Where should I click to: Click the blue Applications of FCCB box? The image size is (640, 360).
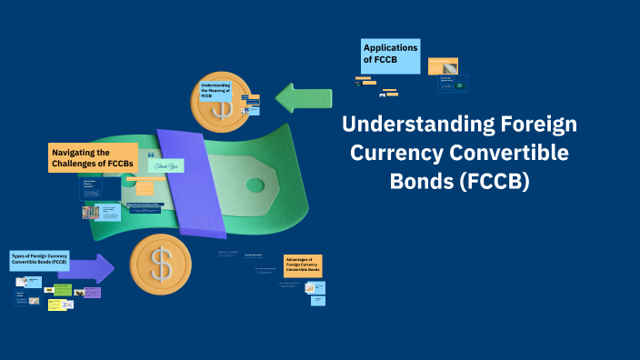tap(391, 56)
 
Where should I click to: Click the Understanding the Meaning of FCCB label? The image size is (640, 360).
tap(215, 91)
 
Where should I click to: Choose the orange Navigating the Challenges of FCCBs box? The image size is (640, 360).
tap(93, 157)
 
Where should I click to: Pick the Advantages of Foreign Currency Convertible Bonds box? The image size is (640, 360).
tap(303, 265)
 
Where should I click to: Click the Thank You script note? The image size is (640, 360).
tap(167, 165)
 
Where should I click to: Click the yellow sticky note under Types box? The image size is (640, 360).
tap(59, 305)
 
